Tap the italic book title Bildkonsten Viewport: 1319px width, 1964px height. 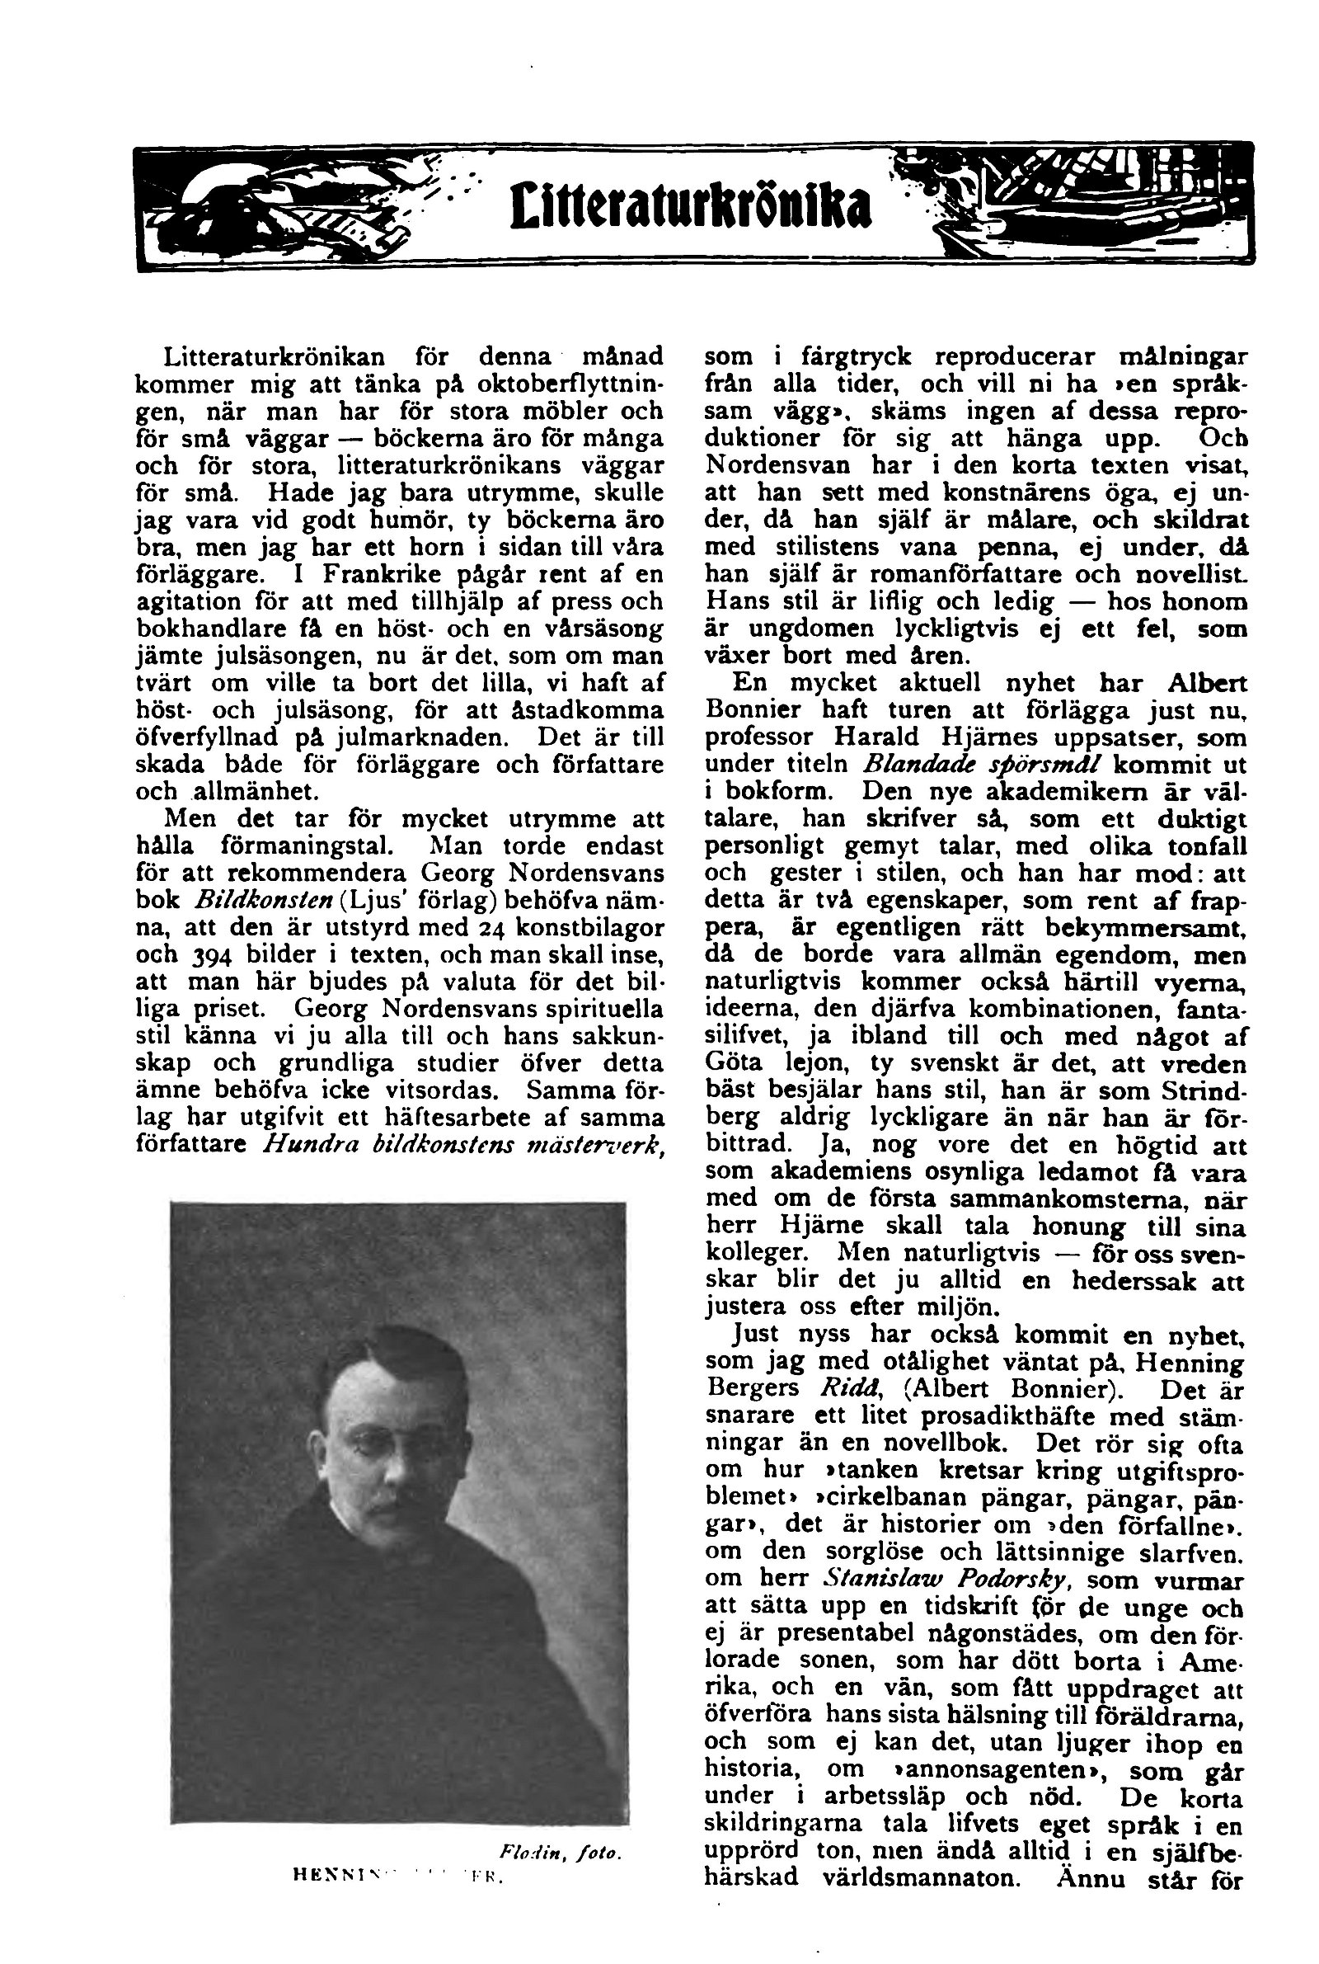(x=263, y=901)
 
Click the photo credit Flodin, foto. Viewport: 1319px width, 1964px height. (x=559, y=1853)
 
